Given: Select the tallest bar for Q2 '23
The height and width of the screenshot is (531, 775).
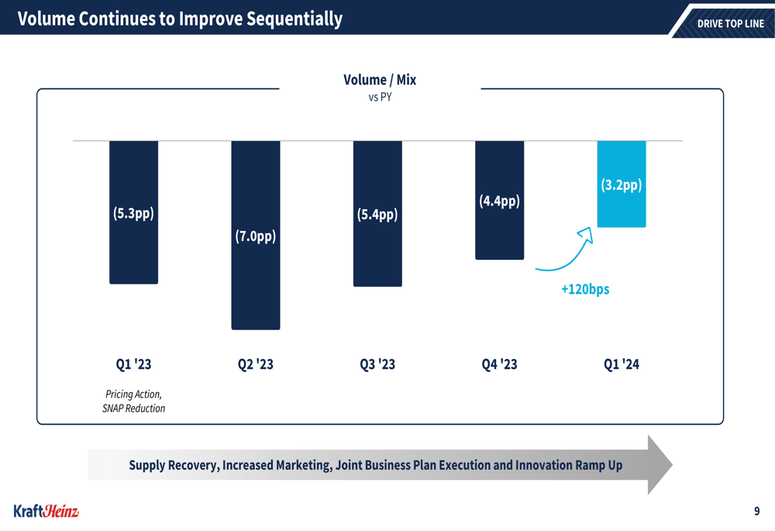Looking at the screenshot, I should (x=255, y=279).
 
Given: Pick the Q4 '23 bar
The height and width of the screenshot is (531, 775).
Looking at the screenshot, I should (x=499, y=233).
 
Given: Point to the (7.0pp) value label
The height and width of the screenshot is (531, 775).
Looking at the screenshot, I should (x=255, y=236).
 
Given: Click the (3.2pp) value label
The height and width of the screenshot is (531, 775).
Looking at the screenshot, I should (x=622, y=185).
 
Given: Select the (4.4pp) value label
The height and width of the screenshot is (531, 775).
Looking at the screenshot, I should (x=499, y=202).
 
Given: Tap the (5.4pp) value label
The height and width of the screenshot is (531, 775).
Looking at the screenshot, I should (x=377, y=214).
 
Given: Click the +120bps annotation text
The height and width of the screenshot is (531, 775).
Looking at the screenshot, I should (x=585, y=289).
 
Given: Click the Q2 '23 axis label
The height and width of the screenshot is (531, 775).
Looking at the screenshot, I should (x=255, y=364).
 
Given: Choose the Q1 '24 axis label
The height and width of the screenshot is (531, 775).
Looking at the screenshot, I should (x=622, y=364).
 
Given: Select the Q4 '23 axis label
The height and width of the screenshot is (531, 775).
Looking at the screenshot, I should (x=499, y=364).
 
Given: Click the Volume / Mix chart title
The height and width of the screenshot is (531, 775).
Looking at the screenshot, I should (x=380, y=80).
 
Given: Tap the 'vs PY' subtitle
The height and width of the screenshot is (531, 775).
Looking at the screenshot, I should (x=380, y=98).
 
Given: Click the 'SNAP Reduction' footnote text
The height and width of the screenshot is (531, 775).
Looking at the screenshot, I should (x=133, y=409).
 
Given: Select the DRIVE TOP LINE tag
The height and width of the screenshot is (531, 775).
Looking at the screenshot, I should (x=730, y=23).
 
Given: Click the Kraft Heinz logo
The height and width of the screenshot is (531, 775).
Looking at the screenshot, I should (x=46, y=511).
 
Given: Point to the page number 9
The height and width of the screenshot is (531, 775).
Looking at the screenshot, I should (x=756, y=511).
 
